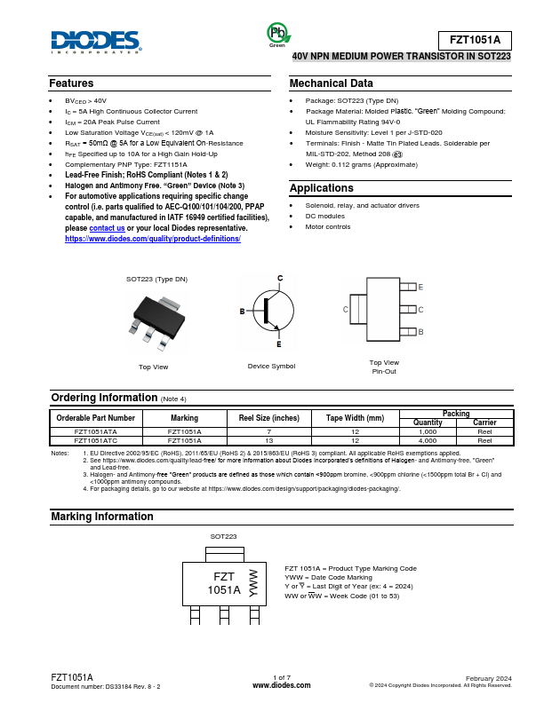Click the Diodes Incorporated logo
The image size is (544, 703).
pos(95,41)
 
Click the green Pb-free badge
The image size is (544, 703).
pos(278,34)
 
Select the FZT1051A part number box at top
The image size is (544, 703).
pos(476,40)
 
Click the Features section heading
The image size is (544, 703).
pos(71,83)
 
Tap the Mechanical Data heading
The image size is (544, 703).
pos(325,83)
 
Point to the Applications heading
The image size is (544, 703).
pos(322,188)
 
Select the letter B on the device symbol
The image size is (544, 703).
pos(242,312)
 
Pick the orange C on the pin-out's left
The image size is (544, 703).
pos(345,309)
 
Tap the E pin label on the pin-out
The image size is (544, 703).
pos(420,288)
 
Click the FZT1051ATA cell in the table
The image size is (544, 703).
pos(96,431)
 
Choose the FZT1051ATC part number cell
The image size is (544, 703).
pos(96,439)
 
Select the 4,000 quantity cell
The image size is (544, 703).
pos(428,439)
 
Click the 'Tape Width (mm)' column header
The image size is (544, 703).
pos(355,417)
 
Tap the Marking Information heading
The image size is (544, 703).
pos(102,517)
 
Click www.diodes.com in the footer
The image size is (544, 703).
pos(282,685)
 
